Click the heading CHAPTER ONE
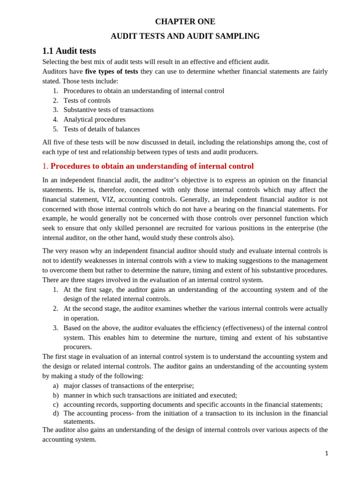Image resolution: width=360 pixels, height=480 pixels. click(x=185, y=22)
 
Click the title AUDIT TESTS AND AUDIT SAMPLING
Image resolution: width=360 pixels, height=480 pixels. click(x=185, y=36)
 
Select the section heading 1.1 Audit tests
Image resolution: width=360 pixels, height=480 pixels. click(x=69, y=51)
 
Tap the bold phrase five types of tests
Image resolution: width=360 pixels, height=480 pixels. click(x=111, y=71)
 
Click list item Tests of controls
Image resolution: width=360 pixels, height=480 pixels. click(x=87, y=100)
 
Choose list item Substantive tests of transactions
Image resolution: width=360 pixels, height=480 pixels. click(x=108, y=110)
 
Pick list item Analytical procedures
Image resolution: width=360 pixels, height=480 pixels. click(x=94, y=120)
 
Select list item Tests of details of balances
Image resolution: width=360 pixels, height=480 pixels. click(x=101, y=129)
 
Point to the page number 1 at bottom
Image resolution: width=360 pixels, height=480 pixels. click(x=326, y=453)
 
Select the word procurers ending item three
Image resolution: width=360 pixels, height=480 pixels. click(x=77, y=347)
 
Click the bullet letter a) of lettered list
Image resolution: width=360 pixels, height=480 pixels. click(x=56, y=386)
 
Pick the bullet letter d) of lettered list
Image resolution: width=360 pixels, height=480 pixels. click(x=56, y=413)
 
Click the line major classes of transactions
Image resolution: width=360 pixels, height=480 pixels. click(x=128, y=386)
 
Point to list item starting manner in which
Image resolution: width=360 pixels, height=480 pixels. click(x=150, y=395)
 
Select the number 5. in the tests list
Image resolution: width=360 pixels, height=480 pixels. click(x=55, y=129)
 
